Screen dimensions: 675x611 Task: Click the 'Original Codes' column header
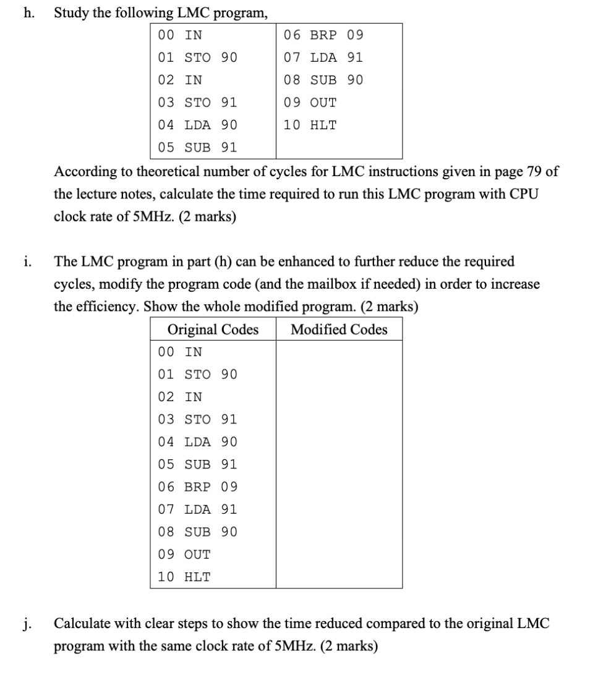click(213, 329)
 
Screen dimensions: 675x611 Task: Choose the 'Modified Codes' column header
click(339, 329)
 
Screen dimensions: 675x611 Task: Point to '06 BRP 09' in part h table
click(323, 35)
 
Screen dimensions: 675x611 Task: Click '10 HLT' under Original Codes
click(184, 577)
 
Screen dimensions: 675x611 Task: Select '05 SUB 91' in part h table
click(197, 147)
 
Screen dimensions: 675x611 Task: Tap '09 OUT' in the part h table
click(310, 102)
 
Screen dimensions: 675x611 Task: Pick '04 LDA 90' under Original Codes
click(197, 442)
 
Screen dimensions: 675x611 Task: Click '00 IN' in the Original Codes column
click(180, 352)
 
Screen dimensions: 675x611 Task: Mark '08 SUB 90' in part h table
click(323, 80)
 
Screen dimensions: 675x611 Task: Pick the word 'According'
click(82, 172)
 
